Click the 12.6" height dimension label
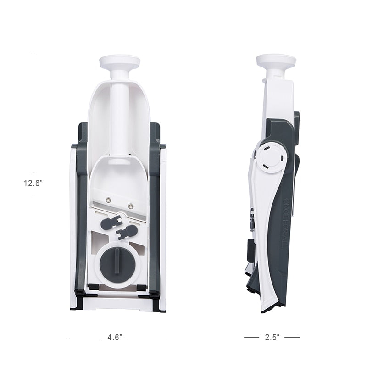click(33, 183)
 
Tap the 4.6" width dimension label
click(114, 338)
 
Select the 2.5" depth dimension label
click(272, 338)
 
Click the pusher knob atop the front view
click(119, 62)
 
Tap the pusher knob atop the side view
click(276, 61)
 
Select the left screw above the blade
click(109, 199)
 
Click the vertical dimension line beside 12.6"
click(33, 115)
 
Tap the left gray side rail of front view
click(82, 216)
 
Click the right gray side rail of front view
click(156, 216)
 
